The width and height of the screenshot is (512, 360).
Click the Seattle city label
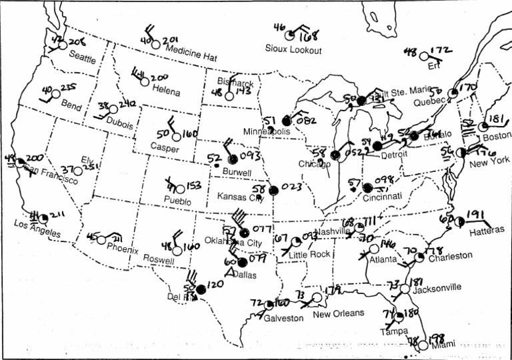point(83,57)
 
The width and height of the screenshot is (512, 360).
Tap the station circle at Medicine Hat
point(155,44)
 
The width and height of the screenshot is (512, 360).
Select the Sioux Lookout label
point(293,50)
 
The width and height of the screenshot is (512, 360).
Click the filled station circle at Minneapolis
point(287,121)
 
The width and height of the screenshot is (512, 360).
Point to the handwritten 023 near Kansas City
point(291,188)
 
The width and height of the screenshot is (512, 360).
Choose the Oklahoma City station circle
point(244,233)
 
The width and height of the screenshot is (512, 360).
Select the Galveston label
point(283,318)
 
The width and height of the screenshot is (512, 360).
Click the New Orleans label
point(339,313)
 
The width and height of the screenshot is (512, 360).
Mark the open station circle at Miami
point(422,345)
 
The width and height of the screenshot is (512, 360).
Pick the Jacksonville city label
point(437,287)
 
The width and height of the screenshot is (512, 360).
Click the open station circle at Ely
point(78,171)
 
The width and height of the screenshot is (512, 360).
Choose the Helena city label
point(166,90)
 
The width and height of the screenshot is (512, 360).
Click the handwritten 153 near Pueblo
point(194,185)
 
